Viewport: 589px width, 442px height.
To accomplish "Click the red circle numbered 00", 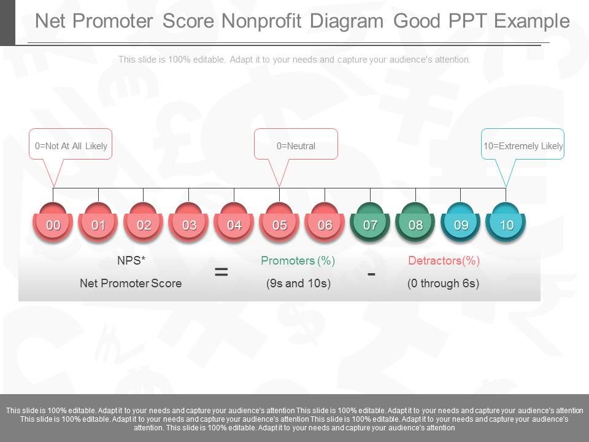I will tap(53, 225).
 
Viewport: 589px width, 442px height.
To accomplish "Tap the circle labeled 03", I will tap(189, 225).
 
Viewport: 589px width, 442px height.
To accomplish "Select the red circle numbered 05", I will tap(280, 225).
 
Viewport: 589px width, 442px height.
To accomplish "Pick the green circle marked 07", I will tap(370, 225).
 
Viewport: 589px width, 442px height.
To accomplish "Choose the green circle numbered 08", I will tap(415, 225).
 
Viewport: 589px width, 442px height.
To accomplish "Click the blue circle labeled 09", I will tap(461, 225).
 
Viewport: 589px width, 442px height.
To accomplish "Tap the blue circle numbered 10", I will tap(506, 225).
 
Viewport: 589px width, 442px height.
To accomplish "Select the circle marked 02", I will tap(144, 225).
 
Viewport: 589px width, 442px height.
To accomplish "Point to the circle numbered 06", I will tap(325, 225).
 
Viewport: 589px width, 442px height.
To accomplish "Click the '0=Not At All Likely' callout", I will tap(71, 145).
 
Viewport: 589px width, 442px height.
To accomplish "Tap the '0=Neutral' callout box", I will tap(296, 145).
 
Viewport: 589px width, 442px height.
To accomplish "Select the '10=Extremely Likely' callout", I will tap(523, 145).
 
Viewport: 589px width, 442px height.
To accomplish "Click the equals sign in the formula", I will tap(221, 272).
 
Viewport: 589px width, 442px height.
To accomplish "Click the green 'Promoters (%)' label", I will tap(298, 261).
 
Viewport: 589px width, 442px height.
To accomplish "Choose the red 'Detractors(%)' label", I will tap(444, 261).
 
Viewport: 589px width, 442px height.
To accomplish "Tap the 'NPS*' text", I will tap(131, 261).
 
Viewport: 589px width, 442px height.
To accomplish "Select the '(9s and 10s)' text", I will tap(298, 284).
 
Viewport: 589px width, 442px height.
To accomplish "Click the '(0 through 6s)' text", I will tap(443, 284).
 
